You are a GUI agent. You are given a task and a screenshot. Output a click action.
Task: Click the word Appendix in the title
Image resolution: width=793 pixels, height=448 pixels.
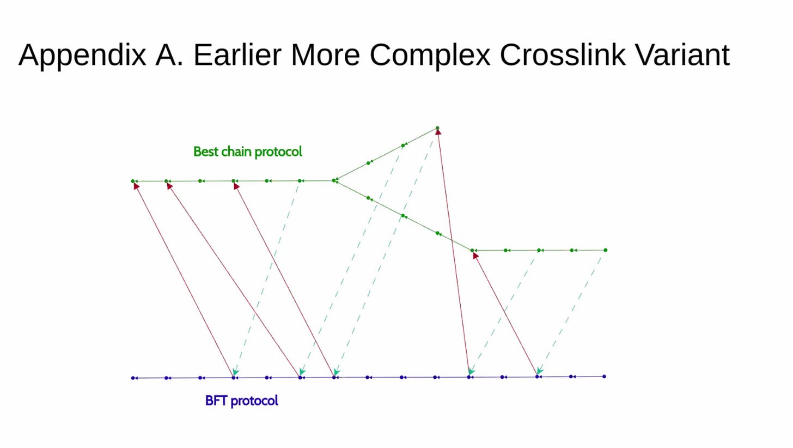pyautogui.click(x=82, y=55)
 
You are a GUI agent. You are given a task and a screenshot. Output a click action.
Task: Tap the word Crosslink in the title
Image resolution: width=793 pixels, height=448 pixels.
pyautogui.click(x=562, y=55)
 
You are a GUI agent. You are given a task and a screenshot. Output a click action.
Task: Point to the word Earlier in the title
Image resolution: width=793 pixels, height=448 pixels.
pyautogui.click(x=237, y=55)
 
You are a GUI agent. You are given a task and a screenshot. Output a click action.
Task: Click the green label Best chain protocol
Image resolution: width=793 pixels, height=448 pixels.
pyautogui.click(x=247, y=152)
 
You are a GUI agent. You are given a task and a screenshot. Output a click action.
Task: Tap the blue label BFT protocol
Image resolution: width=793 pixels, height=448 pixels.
pyautogui.click(x=241, y=401)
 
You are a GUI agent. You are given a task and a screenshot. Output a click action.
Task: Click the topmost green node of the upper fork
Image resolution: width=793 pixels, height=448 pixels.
pyautogui.click(x=437, y=128)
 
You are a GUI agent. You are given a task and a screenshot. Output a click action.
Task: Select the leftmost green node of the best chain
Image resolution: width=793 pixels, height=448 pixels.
pyautogui.click(x=133, y=181)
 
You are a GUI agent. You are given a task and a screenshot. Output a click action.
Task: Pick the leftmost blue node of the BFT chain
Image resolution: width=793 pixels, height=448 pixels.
pyautogui.click(x=133, y=378)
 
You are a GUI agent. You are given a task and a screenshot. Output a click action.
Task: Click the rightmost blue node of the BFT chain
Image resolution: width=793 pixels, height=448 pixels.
pyautogui.click(x=605, y=377)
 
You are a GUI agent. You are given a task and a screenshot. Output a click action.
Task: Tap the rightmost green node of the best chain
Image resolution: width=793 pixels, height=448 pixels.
pyautogui.click(x=606, y=250)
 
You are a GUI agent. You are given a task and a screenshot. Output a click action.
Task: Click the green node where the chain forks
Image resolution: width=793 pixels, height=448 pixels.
pyautogui.click(x=334, y=180)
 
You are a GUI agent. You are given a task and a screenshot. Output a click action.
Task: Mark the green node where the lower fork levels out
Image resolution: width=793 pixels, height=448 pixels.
pyautogui.click(x=472, y=250)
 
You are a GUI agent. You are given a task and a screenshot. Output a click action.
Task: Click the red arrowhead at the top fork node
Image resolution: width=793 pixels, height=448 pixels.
pyautogui.click(x=438, y=132)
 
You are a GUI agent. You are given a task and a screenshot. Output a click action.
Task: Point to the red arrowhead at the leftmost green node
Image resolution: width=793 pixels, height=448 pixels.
pyautogui.click(x=136, y=186)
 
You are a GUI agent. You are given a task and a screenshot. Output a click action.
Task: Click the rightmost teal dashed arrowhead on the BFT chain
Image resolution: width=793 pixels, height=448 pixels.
pyautogui.click(x=539, y=371)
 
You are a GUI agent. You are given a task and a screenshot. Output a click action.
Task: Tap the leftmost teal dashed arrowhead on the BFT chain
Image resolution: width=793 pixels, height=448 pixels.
pyautogui.click(x=235, y=372)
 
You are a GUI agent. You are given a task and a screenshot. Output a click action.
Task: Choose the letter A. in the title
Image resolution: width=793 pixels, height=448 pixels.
pyautogui.click(x=169, y=55)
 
